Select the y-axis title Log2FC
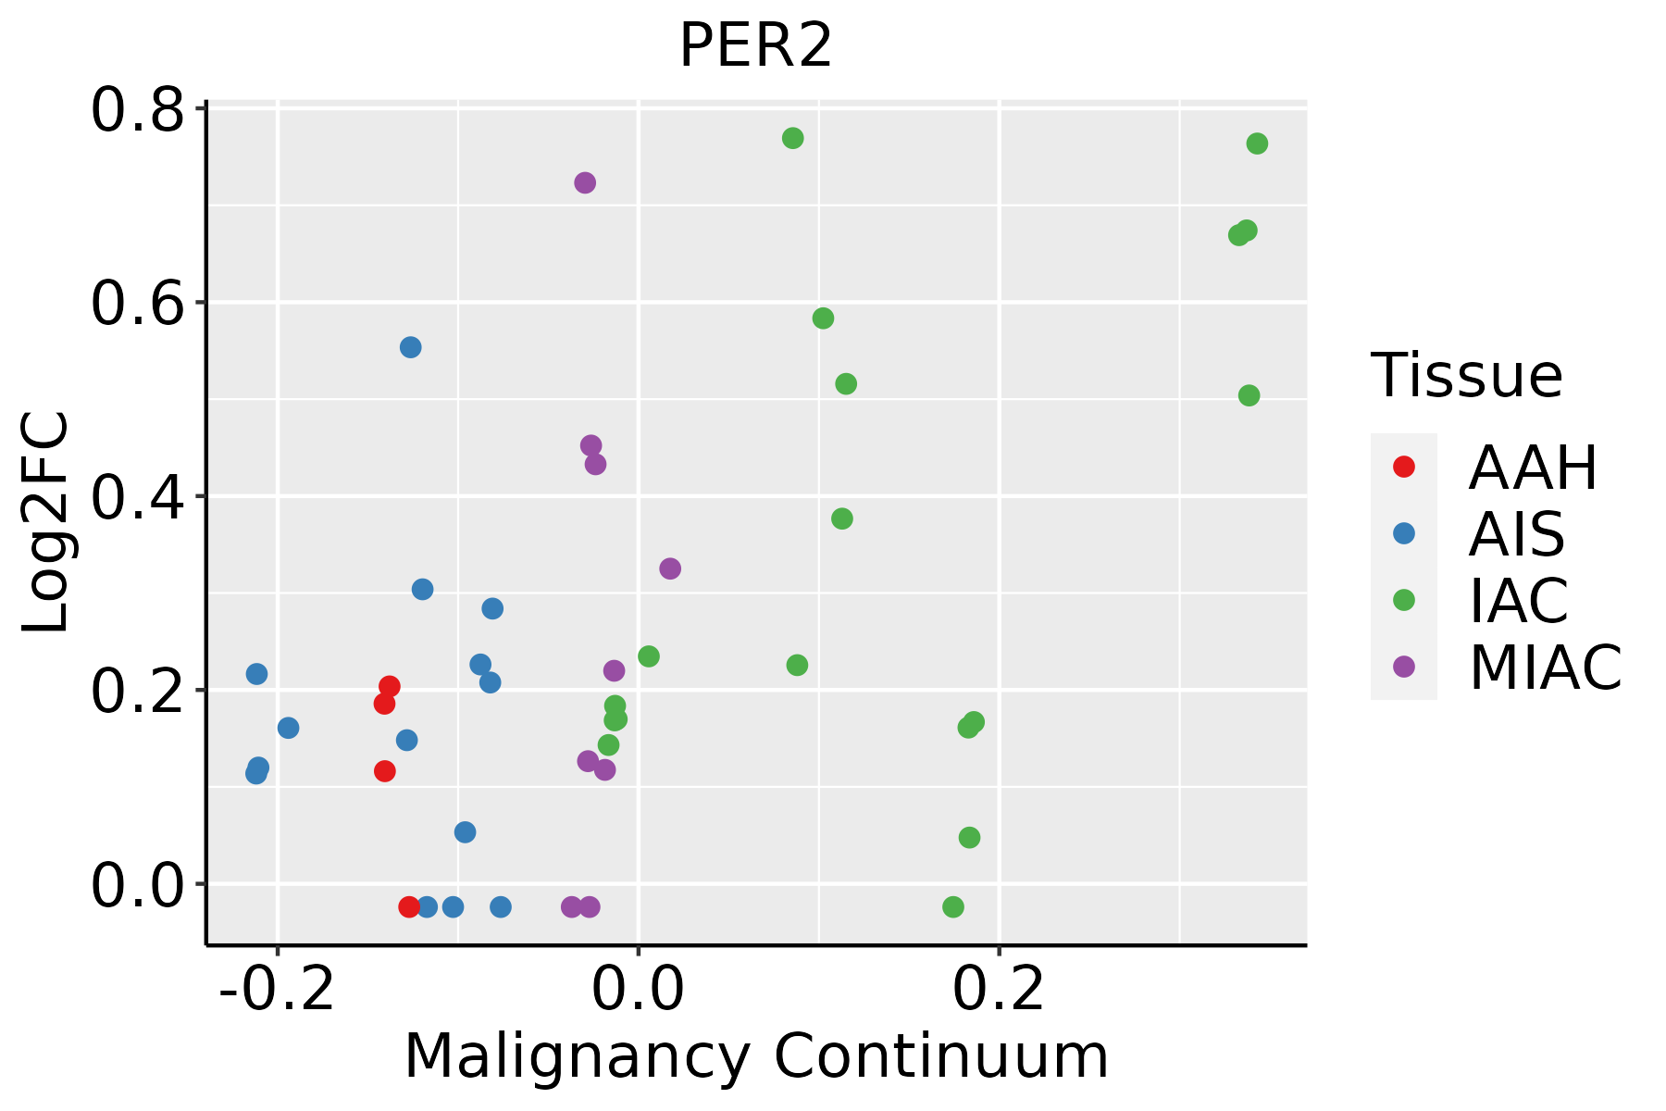click(x=46, y=523)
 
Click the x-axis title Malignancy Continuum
click(x=756, y=1056)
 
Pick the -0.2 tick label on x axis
click(x=277, y=991)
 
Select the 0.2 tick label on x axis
click(x=999, y=991)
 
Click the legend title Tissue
click(x=1467, y=376)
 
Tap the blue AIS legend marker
click(x=1404, y=533)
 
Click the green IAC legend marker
click(x=1404, y=600)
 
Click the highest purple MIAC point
click(x=585, y=182)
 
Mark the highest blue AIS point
click(x=411, y=347)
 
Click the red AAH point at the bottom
click(x=409, y=906)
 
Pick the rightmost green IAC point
click(x=1257, y=144)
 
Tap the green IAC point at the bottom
click(x=953, y=906)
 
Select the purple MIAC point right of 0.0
click(x=670, y=568)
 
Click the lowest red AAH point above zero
click(x=385, y=771)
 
